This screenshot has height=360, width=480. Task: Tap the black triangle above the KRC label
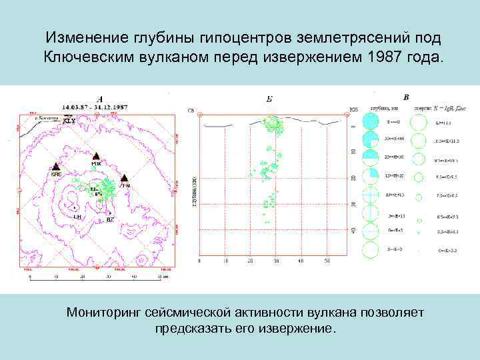coord(56,166)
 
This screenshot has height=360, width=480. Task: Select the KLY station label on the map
coord(69,121)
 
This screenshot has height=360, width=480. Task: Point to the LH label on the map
coord(77,217)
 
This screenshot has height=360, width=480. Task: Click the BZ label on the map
coord(110,219)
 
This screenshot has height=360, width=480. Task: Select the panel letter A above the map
coord(99,99)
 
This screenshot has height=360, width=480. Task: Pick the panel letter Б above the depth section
coord(269,99)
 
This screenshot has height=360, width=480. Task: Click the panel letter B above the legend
coord(407,97)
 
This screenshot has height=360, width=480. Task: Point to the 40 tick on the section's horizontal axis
coord(301,261)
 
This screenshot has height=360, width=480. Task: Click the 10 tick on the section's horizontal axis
coord(225,261)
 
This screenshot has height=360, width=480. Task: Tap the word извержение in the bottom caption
coord(293,329)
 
